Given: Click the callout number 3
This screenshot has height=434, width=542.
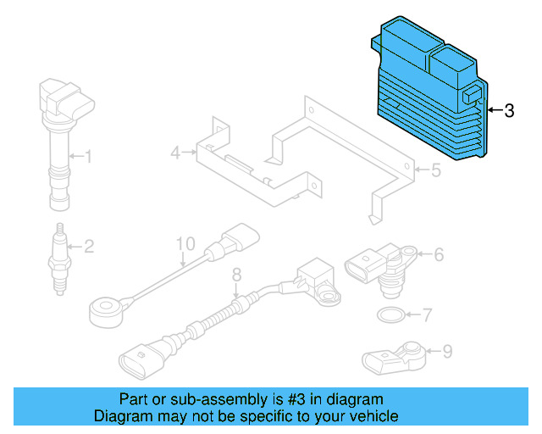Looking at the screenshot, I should pos(509,110).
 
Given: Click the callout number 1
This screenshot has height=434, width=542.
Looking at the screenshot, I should pos(86,156).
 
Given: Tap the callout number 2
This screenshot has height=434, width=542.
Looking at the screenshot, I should pos(88,247).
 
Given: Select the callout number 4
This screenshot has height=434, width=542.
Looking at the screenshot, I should pos(175,153).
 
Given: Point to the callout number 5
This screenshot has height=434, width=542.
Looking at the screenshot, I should pos(435,170).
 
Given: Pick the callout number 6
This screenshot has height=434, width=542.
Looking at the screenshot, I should pos(440,253).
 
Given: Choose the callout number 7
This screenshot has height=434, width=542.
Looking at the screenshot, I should pos(427,316).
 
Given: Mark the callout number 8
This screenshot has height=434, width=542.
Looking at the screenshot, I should pos(236,273).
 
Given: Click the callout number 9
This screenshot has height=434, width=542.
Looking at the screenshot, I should pos(447,349).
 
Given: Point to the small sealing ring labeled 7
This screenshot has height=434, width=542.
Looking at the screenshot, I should pos(389,317).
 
